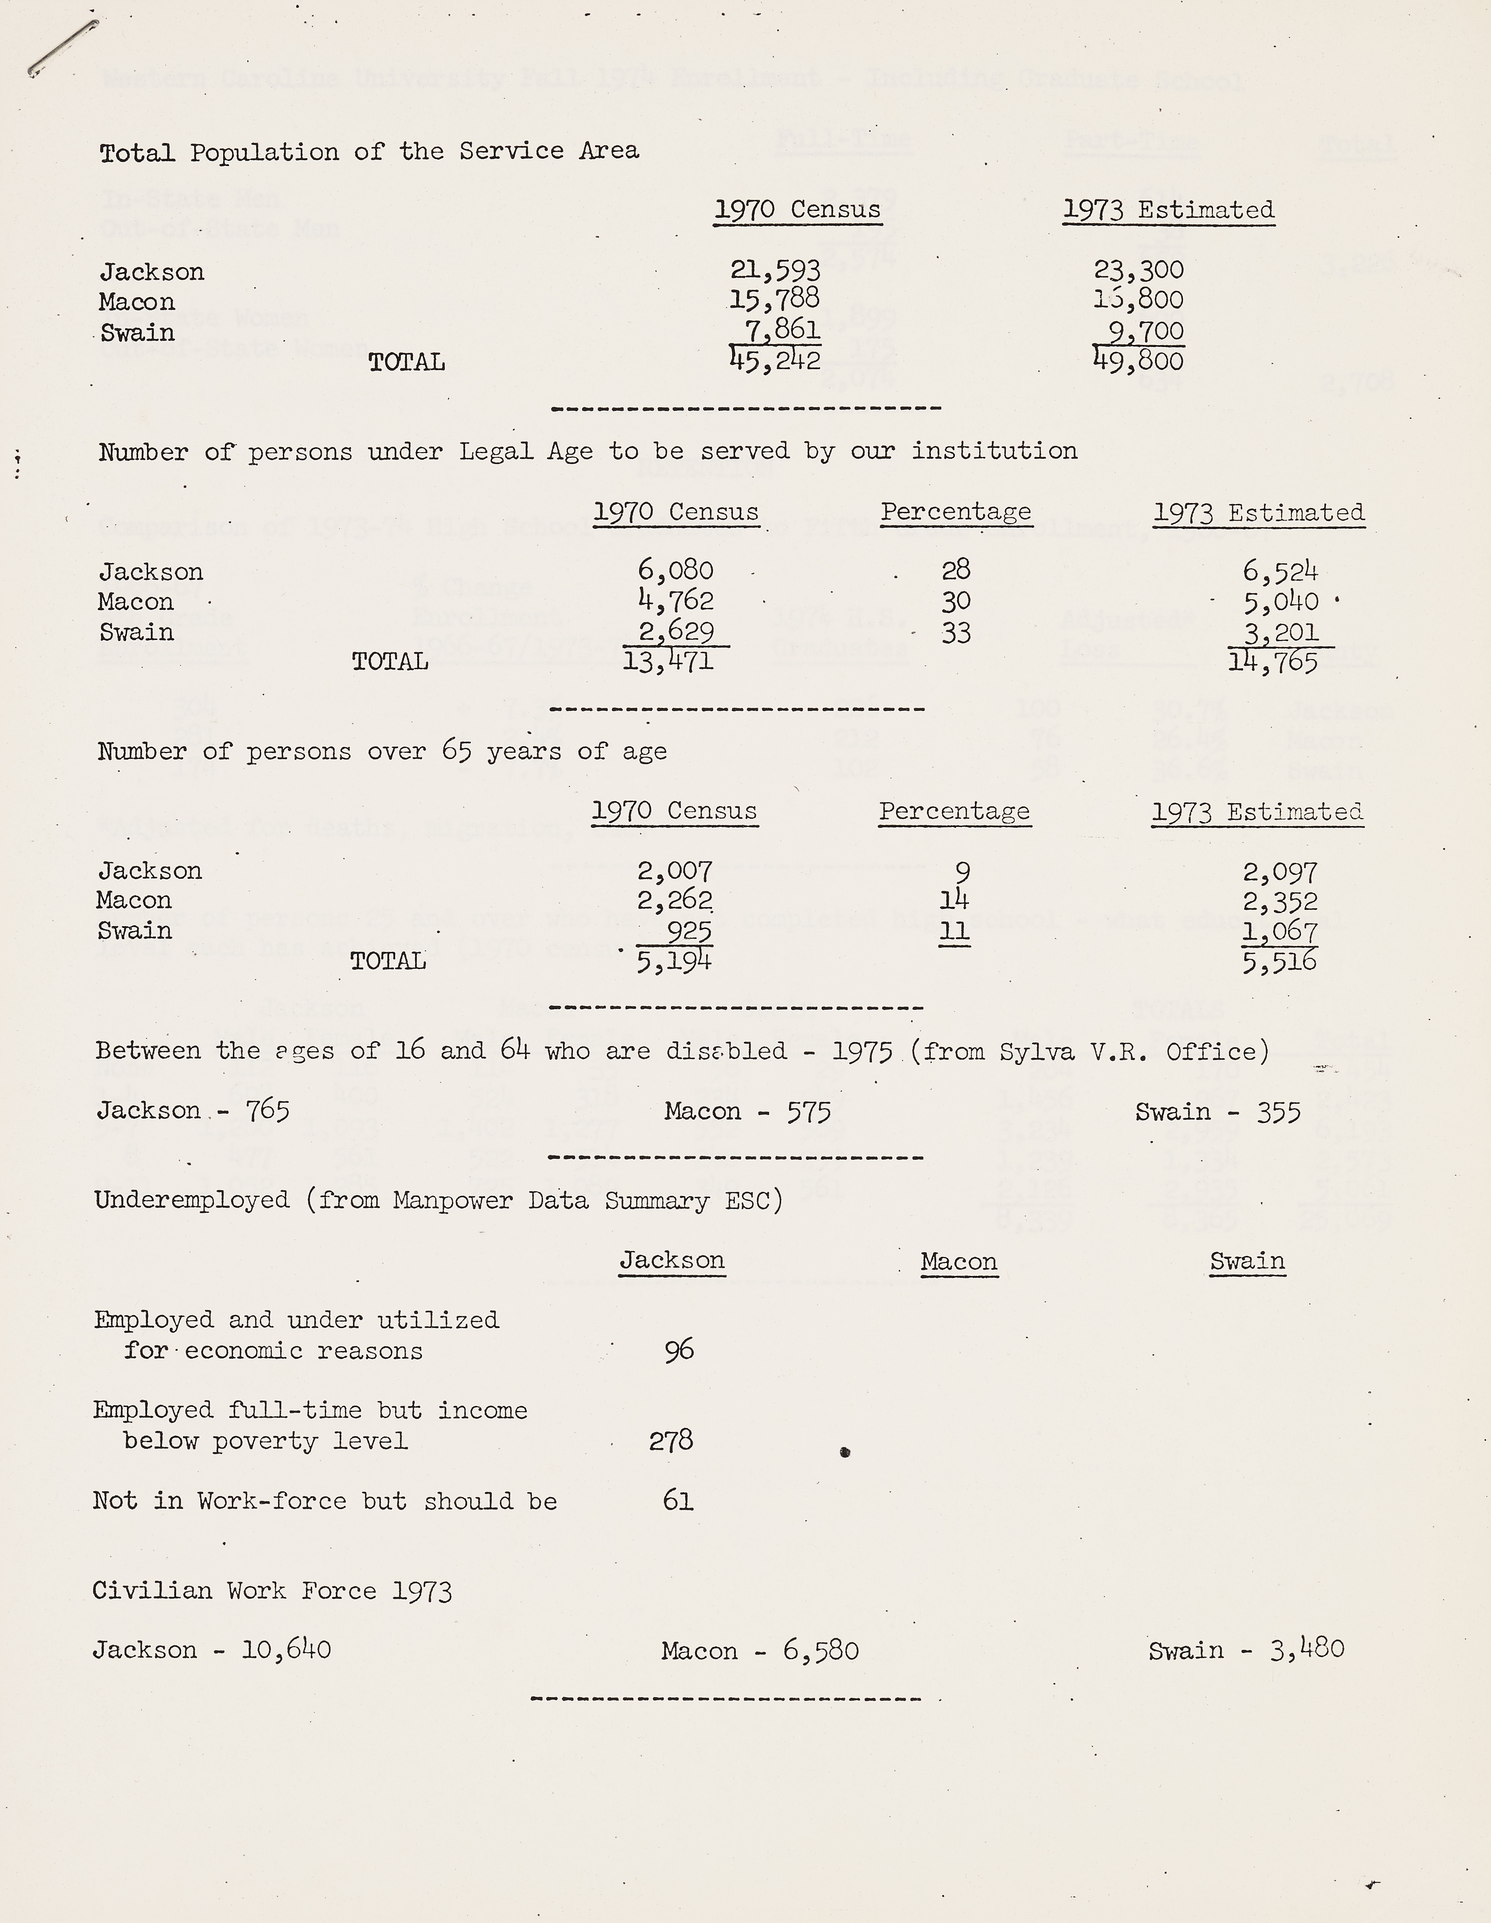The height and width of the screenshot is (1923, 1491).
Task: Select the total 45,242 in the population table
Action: (x=775, y=360)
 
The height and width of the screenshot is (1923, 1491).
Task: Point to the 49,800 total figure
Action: (x=1139, y=360)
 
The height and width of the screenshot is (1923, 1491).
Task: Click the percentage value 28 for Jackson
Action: (x=956, y=570)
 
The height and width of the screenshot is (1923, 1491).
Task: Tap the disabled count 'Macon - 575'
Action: (x=748, y=1111)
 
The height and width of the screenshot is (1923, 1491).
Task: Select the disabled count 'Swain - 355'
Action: (x=1217, y=1112)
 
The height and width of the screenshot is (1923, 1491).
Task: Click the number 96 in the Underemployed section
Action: (x=679, y=1350)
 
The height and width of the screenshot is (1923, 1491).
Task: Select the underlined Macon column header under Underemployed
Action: (x=958, y=1262)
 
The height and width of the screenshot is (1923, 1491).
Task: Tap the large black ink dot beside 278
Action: (x=845, y=1452)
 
